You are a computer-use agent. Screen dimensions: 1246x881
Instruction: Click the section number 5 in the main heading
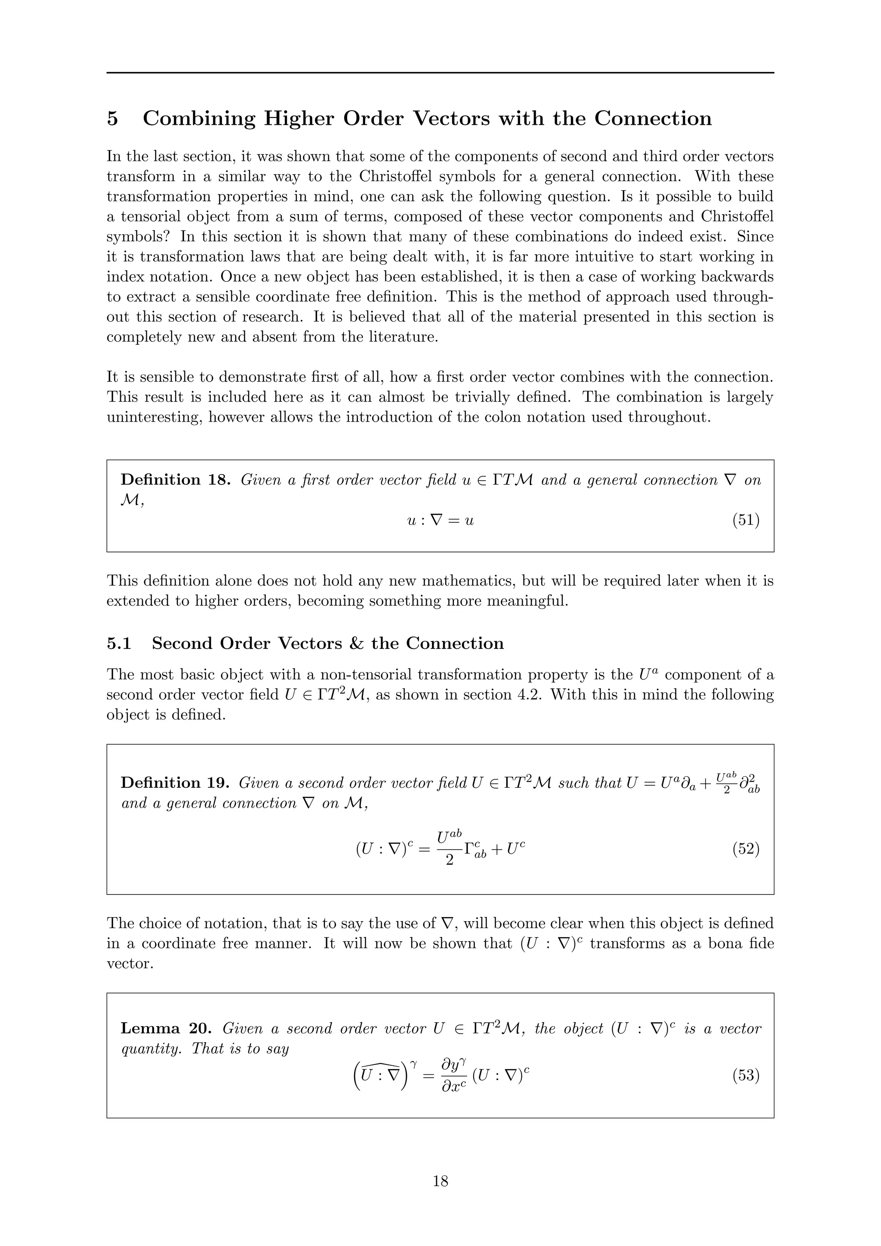tap(112, 118)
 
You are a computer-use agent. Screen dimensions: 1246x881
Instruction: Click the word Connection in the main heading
tap(653, 118)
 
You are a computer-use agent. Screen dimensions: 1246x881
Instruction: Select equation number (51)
tap(746, 520)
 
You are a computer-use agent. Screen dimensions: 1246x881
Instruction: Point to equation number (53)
tap(746, 1074)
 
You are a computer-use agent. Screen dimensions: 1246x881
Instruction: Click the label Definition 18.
tap(176, 480)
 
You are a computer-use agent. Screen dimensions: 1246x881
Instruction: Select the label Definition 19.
tap(176, 783)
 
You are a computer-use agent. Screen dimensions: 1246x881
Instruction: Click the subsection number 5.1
tap(119, 643)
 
